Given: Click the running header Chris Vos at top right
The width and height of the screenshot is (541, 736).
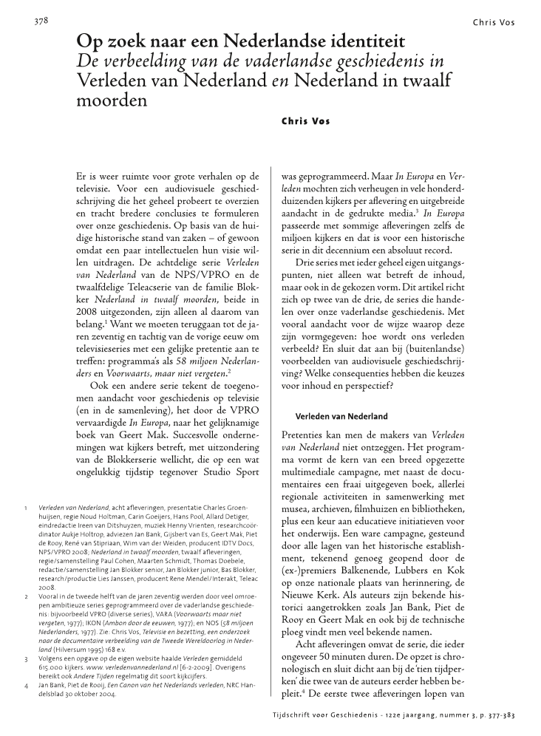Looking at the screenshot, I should [x=494, y=23].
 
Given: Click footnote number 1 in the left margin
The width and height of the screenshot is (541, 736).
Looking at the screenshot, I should [x=26, y=508].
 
